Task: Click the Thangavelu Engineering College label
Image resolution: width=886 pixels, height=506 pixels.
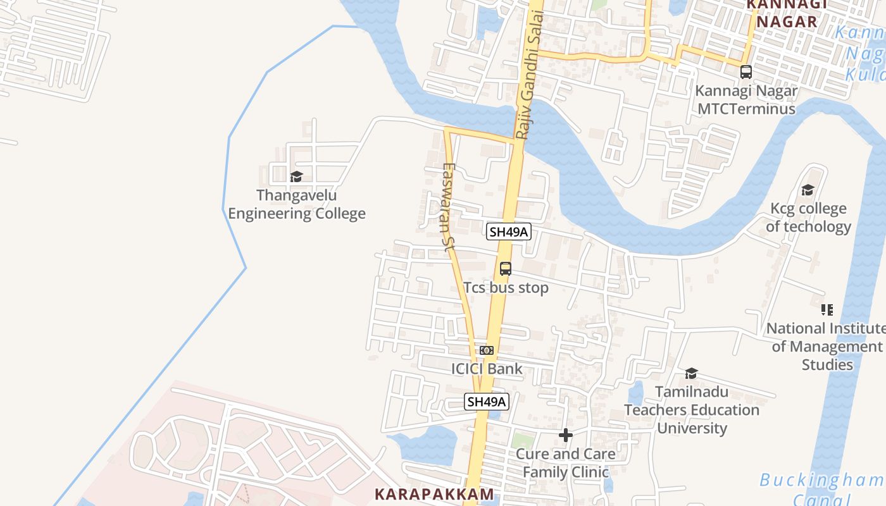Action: point(297,204)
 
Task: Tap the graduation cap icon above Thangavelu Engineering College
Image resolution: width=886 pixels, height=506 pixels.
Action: point(296,176)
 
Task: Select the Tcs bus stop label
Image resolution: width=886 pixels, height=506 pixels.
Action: point(506,288)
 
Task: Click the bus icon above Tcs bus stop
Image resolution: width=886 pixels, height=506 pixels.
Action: point(505,268)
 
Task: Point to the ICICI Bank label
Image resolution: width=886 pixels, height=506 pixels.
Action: point(487,369)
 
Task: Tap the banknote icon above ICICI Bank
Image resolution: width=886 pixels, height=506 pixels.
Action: point(486,350)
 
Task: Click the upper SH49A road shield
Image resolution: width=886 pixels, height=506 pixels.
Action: point(509,231)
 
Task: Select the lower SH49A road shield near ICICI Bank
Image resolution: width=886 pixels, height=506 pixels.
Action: point(487,402)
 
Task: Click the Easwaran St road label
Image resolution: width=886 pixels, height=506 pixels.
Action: point(448,208)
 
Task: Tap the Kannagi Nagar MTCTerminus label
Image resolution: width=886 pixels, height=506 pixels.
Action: point(746,99)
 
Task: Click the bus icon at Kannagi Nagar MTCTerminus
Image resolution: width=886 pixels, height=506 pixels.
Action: point(746,72)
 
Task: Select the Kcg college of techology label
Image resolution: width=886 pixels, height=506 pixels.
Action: point(808,218)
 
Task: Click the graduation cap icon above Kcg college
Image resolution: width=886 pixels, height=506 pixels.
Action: point(808,190)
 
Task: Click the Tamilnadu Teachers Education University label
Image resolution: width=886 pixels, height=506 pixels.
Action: point(692,410)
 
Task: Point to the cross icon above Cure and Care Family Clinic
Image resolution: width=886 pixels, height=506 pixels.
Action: point(566,435)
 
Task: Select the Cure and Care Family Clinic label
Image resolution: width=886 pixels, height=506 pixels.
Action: point(566,463)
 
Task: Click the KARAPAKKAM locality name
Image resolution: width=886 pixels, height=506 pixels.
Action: point(434,494)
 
